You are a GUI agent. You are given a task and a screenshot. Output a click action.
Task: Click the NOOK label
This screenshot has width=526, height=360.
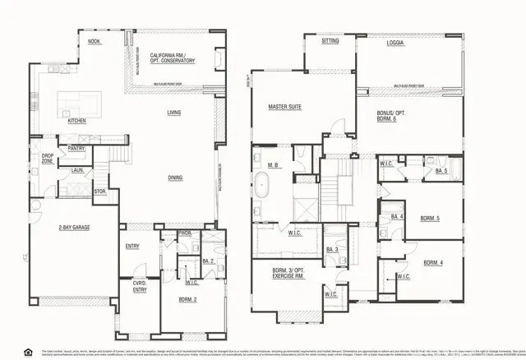coord(95,40)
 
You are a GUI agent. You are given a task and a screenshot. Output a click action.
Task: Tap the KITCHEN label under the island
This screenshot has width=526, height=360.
coord(76,121)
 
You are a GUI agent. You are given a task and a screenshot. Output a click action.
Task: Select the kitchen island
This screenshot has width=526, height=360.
coord(80,104)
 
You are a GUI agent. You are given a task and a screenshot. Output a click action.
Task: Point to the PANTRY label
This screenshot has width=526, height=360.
coord(76,149)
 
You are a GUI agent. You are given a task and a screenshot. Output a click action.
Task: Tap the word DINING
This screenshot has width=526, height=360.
coord(174,177)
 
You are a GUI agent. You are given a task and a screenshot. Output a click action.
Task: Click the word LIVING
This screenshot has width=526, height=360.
coord(174,113)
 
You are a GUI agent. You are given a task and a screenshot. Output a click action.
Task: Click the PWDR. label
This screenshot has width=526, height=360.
coord(186,233)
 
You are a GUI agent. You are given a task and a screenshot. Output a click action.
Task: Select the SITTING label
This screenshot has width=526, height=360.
coord(330,40)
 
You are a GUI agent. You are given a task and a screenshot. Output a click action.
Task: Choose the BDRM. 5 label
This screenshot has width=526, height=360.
coord(431,219)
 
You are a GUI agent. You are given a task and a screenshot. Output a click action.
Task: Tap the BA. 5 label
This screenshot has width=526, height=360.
coord(441,170)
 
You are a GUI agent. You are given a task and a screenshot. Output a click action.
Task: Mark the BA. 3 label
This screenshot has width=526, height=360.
coord(332,249)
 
